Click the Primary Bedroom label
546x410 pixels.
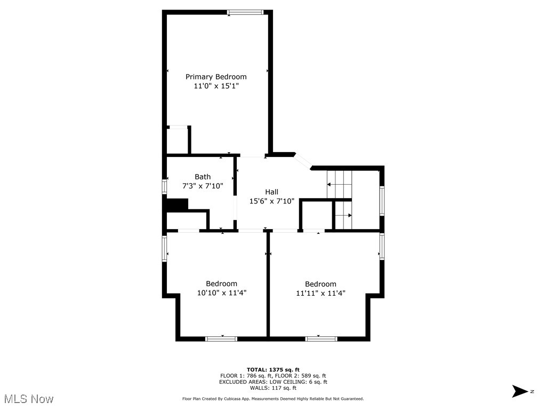(x=216, y=77)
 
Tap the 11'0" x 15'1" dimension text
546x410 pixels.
(x=216, y=86)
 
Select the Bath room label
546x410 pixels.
(x=203, y=177)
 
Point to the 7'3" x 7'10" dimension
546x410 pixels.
(x=203, y=186)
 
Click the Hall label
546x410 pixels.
(x=272, y=192)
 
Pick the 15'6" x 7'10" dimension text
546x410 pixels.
(x=272, y=201)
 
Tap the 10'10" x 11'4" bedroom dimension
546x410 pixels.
(x=222, y=293)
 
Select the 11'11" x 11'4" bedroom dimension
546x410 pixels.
(x=321, y=293)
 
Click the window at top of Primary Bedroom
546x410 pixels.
(x=245, y=12)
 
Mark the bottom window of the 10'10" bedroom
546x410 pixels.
(x=222, y=338)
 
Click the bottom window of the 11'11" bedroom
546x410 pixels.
(x=321, y=338)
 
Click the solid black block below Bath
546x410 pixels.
(x=178, y=205)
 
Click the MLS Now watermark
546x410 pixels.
(x=29, y=399)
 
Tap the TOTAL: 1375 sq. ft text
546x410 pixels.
(x=273, y=369)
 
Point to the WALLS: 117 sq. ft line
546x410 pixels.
(x=273, y=388)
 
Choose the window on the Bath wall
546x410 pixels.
(x=165, y=186)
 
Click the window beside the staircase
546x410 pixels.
(x=382, y=201)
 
